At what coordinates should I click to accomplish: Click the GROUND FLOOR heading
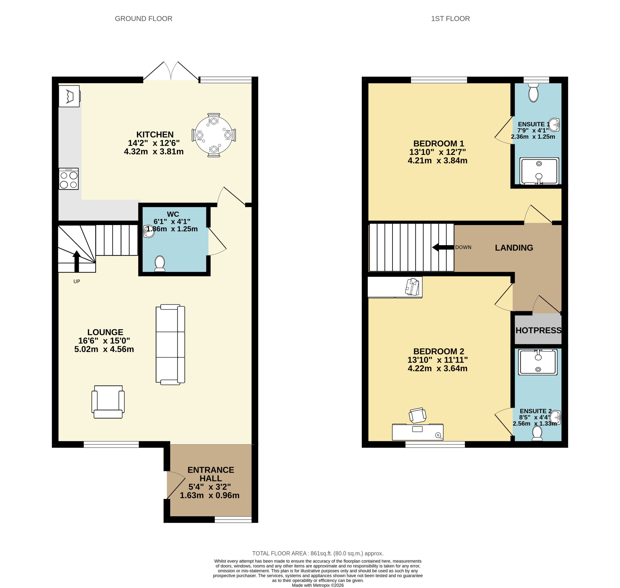point(143,19)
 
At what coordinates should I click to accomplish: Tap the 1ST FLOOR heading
point(450,19)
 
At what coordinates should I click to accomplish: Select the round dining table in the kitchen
point(214,135)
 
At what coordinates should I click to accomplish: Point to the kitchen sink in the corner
point(69,96)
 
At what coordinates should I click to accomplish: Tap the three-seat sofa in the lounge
point(170,344)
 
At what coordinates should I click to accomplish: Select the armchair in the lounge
point(108,402)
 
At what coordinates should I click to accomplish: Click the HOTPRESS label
point(538,330)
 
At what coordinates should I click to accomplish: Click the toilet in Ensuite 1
point(533,93)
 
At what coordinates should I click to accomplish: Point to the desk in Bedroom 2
point(418,432)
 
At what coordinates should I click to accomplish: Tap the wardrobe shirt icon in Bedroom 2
point(412,287)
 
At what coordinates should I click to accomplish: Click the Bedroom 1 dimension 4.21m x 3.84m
point(437,161)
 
